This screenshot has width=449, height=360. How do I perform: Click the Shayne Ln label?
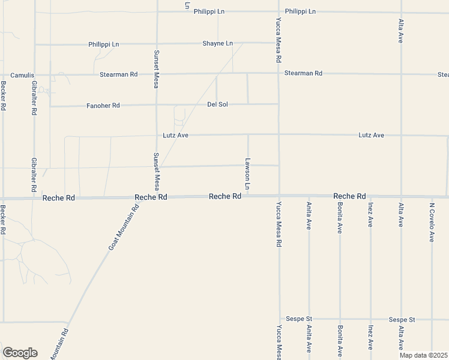pyautogui.click(x=217, y=43)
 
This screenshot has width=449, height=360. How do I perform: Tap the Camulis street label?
pyautogui.click(x=22, y=75)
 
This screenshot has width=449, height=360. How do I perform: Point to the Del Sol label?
pyautogui.click(x=217, y=104)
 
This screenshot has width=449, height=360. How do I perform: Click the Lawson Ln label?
pyautogui.click(x=247, y=175)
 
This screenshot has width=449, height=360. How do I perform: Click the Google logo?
pyautogui.click(x=20, y=353)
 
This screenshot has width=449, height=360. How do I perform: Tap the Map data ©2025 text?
pyautogui.click(x=424, y=355)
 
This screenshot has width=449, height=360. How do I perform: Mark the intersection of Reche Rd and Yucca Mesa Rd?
pyautogui.click(x=279, y=196)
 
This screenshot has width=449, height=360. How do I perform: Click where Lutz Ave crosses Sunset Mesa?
pyautogui.click(x=157, y=135)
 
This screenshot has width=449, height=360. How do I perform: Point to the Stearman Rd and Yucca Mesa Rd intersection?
pyautogui.click(x=279, y=74)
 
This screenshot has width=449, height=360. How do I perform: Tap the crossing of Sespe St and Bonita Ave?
pyautogui.click(x=340, y=319)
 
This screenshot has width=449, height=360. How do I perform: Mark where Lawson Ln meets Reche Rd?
pyautogui.click(x=248, y=196)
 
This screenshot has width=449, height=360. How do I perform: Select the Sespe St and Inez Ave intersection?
pyautogui.click(x=370, y=319)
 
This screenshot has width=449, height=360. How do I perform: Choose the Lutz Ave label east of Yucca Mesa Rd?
pyautogui.click(x=371, y=135)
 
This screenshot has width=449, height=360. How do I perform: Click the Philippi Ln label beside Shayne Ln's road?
pyautogui.click(x=104, y=44)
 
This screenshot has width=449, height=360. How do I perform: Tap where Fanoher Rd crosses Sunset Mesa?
pyautogui.click(x=157, y=106)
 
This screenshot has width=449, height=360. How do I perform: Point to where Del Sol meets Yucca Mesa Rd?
pyautogui.click(x=279, y=104)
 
